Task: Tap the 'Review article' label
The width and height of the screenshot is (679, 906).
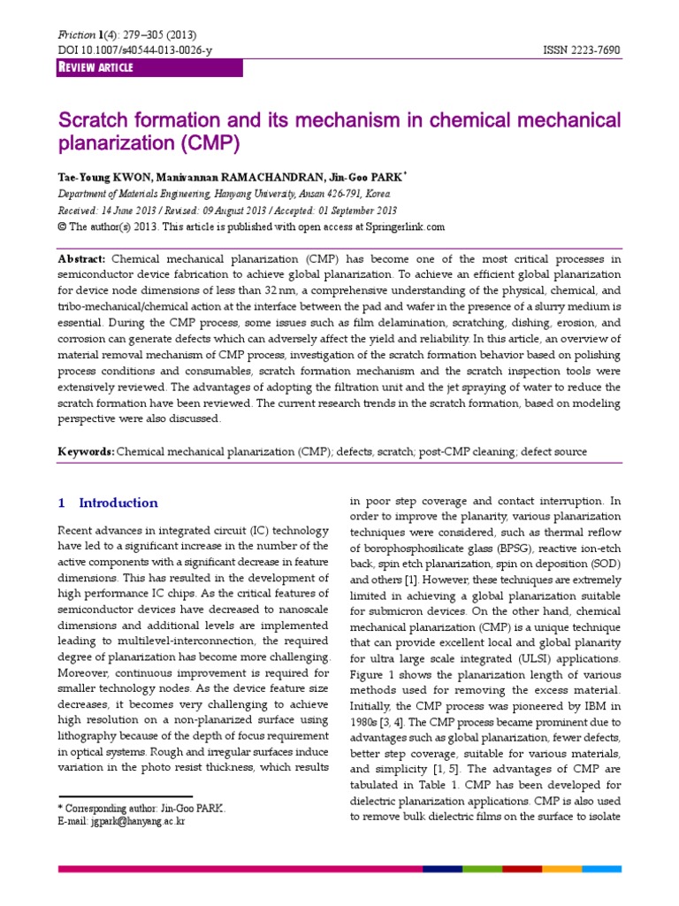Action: tap(96, 69)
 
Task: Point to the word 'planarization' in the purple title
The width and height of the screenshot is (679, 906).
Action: tap(111, 143)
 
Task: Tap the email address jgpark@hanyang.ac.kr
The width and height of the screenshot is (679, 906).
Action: tap(137, 822)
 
